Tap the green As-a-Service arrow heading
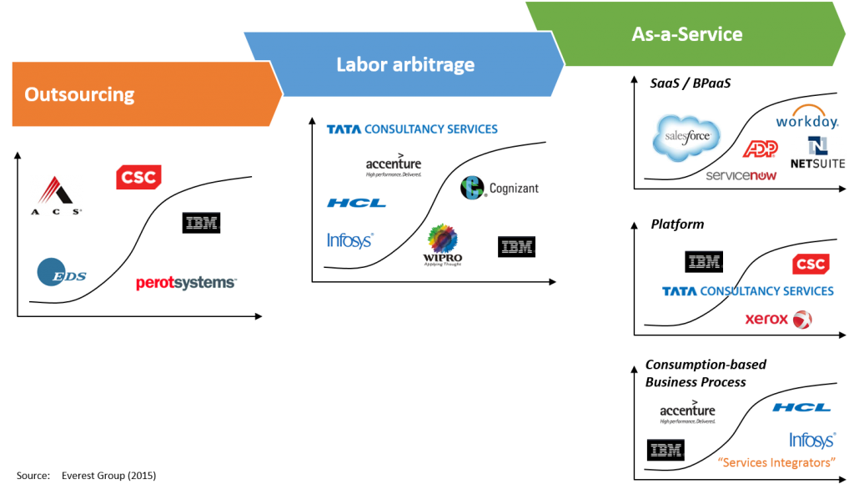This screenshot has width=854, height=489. click(686, 34)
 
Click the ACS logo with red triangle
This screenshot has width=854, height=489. click(56, 195)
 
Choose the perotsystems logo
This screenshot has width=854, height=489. click(186, 284)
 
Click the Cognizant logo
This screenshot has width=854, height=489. click(500, 188)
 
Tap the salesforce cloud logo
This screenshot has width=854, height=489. click(686, 138)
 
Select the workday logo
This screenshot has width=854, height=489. click(806, 118)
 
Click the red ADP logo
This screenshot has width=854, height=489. click(760, 149)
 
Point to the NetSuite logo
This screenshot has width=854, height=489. click(817, 153)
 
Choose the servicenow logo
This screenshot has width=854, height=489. click(741, 175)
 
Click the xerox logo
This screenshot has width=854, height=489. click(778, 320)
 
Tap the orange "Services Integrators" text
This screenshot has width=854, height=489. click(776, 462)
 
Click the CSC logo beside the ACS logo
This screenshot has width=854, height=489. click(138, 177)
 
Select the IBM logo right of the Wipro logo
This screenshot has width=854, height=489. click(518, 246)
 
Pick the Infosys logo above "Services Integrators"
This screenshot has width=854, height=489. click(811, 440)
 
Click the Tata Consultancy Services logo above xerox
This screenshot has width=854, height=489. click(748, 290)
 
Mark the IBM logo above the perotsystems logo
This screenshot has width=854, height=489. click(201, 222)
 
